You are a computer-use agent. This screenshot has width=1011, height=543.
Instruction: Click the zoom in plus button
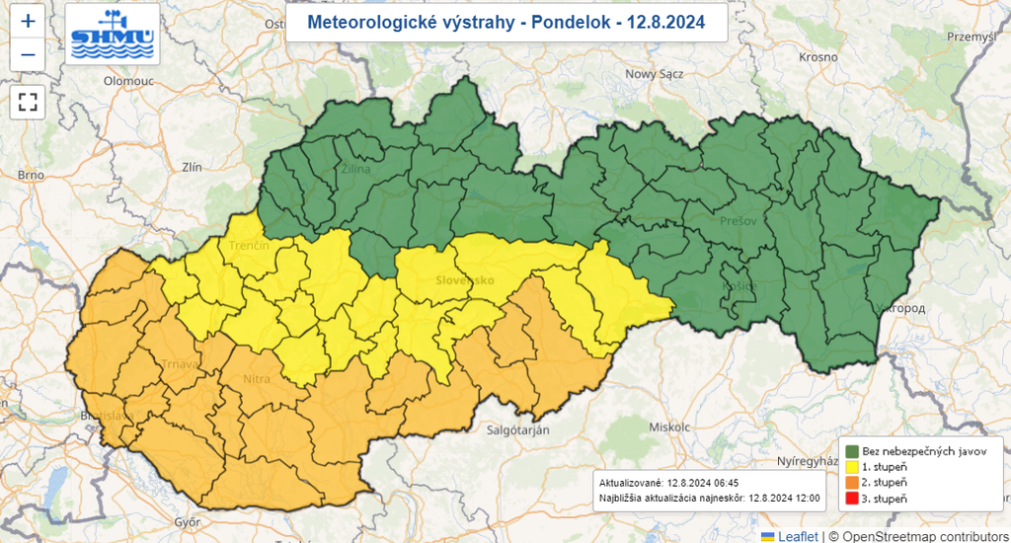click(x=28, y=22)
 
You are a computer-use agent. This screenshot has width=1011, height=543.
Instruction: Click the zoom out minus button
click(x=28, y=54)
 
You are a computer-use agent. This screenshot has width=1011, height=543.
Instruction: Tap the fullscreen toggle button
click(x=28, y=101)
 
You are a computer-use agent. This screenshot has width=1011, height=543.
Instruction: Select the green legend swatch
click(x=850, y=450)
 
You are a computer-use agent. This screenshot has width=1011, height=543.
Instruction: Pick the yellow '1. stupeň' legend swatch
click(x=850, y=466)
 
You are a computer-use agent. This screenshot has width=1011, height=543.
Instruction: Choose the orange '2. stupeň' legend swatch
click(x=850, y=482)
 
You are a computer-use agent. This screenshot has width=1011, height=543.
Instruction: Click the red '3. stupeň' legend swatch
click(x=850, y=499)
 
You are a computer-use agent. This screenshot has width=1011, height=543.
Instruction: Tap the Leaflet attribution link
click(x=798, y=535)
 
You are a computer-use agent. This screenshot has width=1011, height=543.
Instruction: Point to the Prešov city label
click(x=739, y=221)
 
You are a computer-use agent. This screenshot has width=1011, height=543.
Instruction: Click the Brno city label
click(x=31, y=175)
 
